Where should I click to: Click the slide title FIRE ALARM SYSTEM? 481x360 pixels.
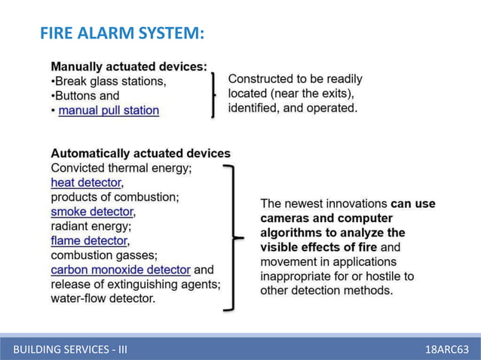click(121, 33)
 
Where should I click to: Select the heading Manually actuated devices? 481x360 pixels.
click(128, 66)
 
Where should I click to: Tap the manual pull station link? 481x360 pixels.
click(109, 111)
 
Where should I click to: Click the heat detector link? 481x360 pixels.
click(86, 182)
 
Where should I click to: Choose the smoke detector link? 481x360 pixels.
click(92, 212)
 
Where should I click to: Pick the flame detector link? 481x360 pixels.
click(89, 241)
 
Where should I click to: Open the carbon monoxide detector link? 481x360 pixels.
click(121, 270)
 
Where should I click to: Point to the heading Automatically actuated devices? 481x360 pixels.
click(140, 154)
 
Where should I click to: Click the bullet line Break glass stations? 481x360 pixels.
click(108, 81)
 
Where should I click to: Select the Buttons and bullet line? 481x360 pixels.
click(84, 96)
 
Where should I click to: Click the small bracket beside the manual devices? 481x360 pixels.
click(213, 95)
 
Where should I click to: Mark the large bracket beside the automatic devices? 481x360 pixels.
click(231, 237)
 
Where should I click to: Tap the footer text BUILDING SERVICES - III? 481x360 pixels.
click(70, 349)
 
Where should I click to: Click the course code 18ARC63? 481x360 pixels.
click(448, 349)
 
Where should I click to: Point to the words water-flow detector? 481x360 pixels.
click(103, 299)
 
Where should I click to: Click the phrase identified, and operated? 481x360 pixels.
click(293, 108)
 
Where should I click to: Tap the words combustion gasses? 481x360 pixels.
click(103, 255)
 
